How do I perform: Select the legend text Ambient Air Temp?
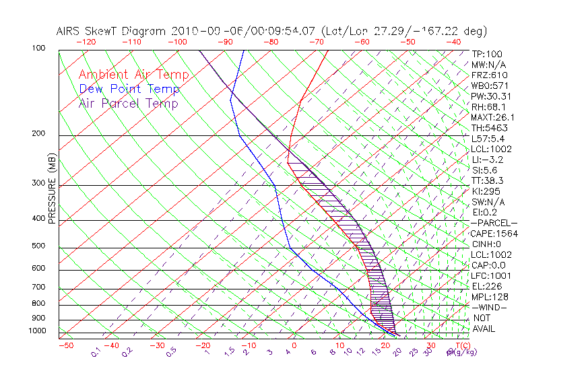[x=133, y=75]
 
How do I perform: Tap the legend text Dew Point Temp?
[x=129, y=90]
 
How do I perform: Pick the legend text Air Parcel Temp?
[x=128, y=104]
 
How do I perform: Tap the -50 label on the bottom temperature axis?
[x=65, y=345]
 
